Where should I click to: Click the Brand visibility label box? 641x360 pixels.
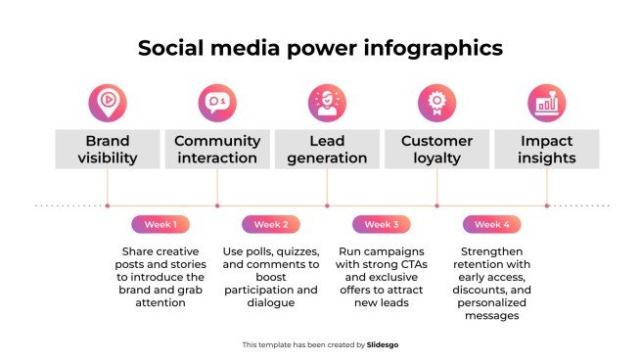(x=107, y=149)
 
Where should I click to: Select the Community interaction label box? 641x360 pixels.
(x=216, y=149)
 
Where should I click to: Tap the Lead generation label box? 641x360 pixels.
(x=327, y=149)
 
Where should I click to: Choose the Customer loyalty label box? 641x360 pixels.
(x=436, y=149)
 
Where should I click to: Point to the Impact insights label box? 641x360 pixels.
(x=546, y=149)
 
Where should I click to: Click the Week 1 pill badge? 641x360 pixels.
(x=160, y=224)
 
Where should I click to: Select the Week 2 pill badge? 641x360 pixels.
(x=271, y=224)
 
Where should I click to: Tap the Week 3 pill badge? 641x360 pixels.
(x=382, y=224)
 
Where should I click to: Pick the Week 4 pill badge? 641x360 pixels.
(x=491, y=224)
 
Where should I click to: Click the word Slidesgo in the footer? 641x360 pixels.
(x=383, y=344)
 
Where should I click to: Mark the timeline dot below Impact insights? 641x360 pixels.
(x=546, y=205)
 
